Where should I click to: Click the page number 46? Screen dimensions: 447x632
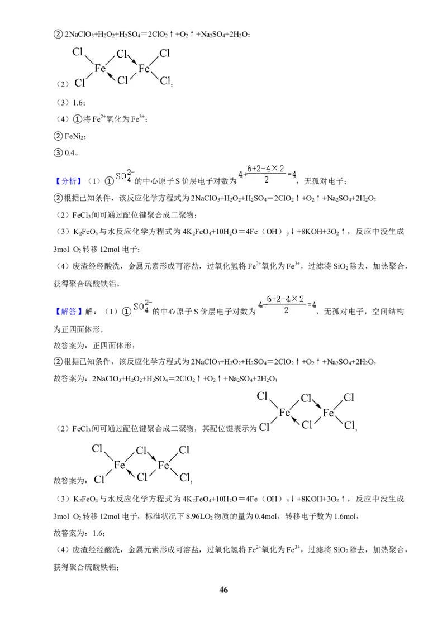223,590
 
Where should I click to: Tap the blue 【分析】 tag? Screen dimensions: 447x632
68,181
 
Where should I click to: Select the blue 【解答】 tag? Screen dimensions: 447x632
68,312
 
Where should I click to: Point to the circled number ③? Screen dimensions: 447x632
58,153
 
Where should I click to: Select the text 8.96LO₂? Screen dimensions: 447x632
199,516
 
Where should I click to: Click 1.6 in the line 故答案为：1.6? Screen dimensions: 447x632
98,533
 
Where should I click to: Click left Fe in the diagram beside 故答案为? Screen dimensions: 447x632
120,465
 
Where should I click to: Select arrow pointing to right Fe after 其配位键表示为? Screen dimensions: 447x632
316,404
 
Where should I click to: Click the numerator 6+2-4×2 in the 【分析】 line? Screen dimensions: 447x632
265,169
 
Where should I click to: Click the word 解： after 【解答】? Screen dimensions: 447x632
91,312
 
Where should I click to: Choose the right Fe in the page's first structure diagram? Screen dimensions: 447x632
144,69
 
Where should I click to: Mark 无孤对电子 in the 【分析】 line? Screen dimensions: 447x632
323,181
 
